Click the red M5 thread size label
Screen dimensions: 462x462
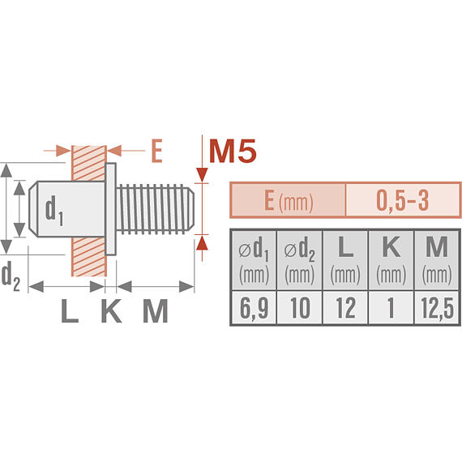(233, 152)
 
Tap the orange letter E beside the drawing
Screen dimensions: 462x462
(156, 151)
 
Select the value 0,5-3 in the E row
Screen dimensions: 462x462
(403, 200)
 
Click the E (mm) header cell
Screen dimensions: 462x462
(288, 200)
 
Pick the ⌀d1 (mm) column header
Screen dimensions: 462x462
(254, 260)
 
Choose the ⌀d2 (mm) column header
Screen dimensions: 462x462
(300, 260)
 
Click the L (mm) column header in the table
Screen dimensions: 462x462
(345, 260)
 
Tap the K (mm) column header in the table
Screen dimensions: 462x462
(391, 260)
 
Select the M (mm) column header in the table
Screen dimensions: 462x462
(437, 260)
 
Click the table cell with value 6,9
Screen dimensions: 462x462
(254, 308)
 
